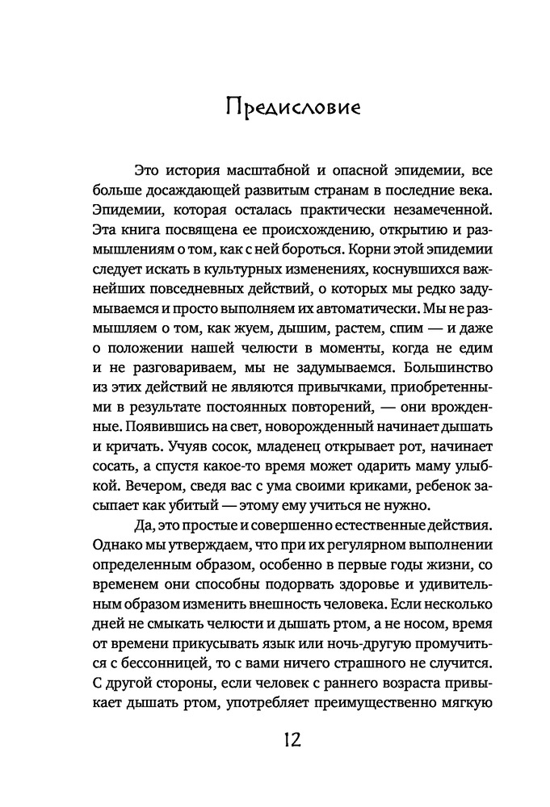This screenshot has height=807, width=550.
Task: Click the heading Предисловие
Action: tap(275, 107)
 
